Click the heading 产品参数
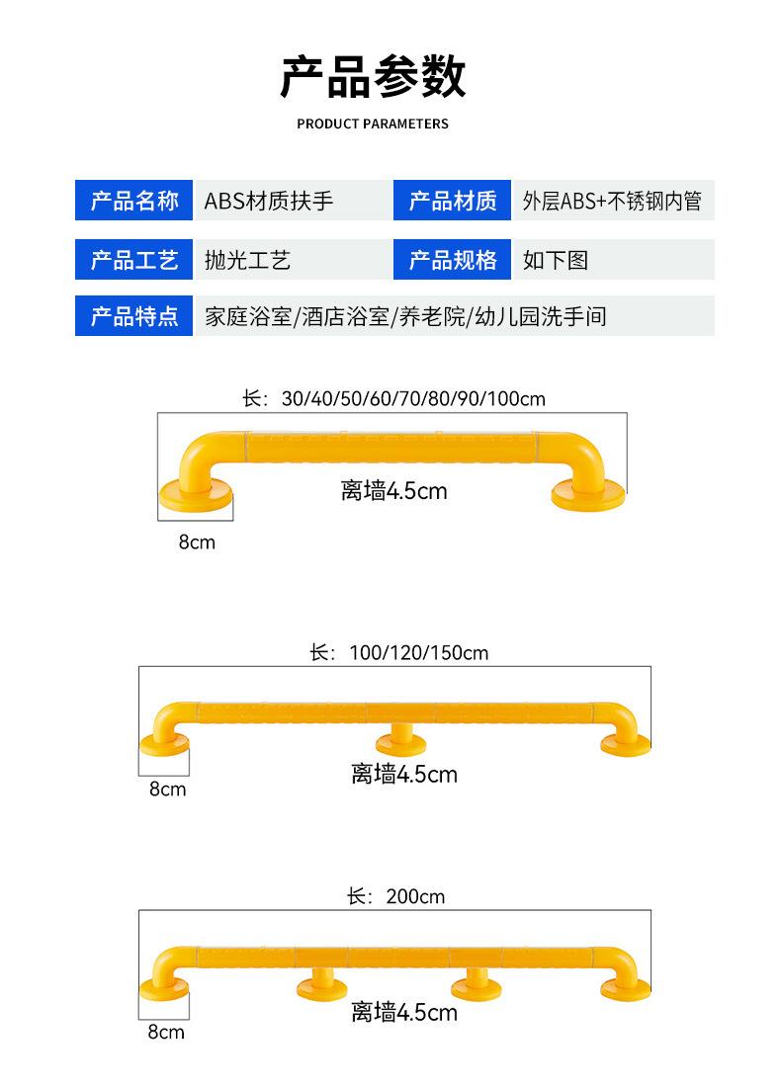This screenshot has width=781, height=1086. pos(373,77)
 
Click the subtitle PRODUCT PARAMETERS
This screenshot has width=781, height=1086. pos(373,125)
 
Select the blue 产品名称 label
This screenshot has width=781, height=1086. pos(134,202)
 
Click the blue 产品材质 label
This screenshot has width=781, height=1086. pos(453,202)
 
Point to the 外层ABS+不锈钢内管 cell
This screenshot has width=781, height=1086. pos(612,202)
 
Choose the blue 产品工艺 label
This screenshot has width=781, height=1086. pos(134,260)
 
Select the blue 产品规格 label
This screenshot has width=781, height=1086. pos(453,260)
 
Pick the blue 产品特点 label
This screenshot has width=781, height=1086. pos(134,316)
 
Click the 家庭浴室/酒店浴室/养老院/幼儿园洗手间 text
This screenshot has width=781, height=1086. pos(405,316)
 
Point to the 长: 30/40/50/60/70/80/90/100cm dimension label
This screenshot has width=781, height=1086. pos(393,399)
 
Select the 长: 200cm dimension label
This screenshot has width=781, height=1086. pos(395,897)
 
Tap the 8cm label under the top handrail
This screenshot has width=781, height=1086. pos(197,543)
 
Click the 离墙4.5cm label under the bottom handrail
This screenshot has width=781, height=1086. pos(404,1013)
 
